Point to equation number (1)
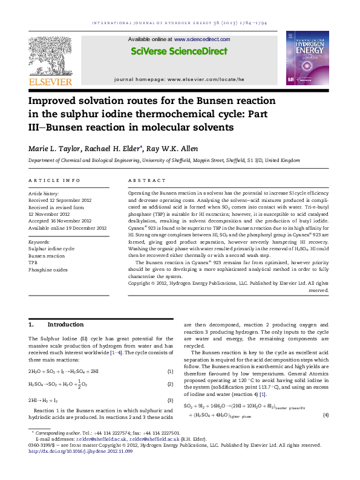[171, 371]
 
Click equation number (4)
[326, 415]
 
